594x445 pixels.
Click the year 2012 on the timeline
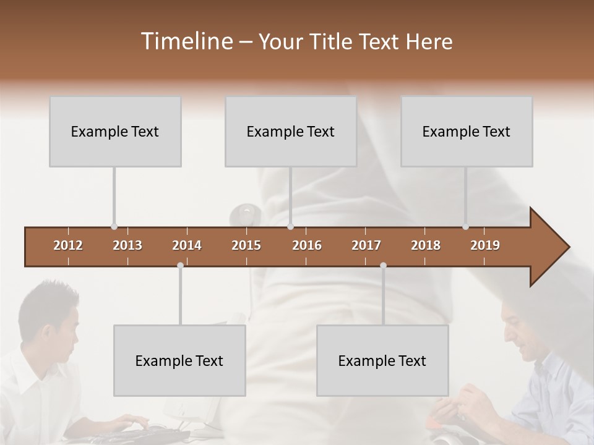(68, 245)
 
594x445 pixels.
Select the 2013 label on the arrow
(127, 245)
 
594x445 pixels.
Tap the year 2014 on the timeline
(187, 245)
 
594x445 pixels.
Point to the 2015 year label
(246, 245)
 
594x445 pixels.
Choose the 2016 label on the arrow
(307, 245)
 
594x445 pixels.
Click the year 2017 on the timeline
(366, 245)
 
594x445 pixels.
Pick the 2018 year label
(426, 245)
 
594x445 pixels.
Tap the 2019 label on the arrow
(485, 245)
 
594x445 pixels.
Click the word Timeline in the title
(186, 41)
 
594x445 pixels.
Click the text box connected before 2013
(115, 131)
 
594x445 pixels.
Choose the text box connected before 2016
(291, 131)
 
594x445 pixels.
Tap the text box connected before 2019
(467, 131)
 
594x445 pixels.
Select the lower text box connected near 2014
(179, 360)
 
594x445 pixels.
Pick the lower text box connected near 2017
(382, 360)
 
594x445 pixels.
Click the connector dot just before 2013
(114, 227)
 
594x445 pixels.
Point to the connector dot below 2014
(180, 265)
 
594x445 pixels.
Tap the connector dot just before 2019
(465, 227)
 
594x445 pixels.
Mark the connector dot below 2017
(383, 265)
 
